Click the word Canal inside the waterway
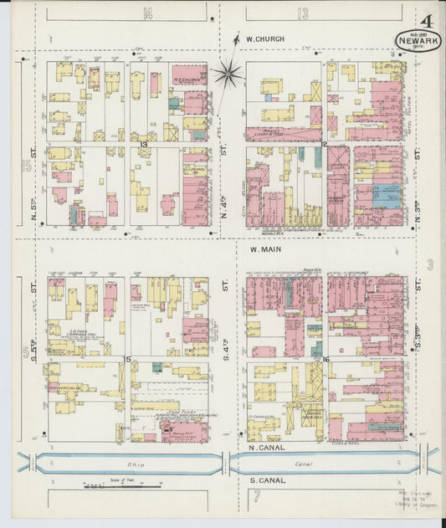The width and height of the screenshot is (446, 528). [x=300, y=464]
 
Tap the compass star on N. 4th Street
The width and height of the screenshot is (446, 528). [x=226, y=73]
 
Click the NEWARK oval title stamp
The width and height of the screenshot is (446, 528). [x=414, y=39]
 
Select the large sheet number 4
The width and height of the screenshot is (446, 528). [x=427, y=21]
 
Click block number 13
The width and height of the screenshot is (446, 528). [x=144, y=145]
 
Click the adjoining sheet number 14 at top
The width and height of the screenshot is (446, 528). [x=148, y=13]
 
